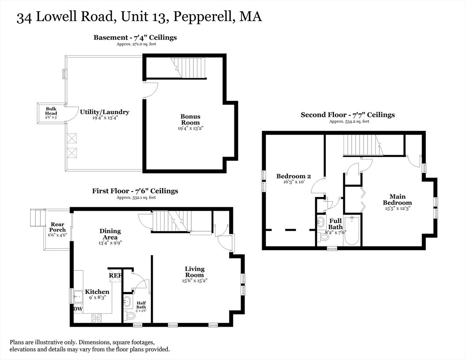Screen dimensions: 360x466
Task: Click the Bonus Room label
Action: click(x=190, y=119)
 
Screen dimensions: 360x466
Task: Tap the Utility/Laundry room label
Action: click(x=105, y=112)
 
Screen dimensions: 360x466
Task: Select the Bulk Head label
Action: click(x=51, y=111)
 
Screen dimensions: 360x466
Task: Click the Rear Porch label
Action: click(x=58, y=227)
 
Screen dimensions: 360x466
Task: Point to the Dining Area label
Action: click(x=110, y=234)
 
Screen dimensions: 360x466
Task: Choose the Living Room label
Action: click(x=194, y=272)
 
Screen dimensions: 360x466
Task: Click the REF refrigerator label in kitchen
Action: click(x=115, y=276)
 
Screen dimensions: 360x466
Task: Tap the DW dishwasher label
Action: click(x=78, y=309)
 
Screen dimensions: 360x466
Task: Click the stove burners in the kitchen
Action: click(x=97, y=317)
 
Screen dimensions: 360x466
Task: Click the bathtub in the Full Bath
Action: click(x=352, y=230)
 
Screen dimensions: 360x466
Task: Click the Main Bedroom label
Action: click(x=397, y=200)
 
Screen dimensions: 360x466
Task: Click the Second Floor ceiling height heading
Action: click(x=347, y=115)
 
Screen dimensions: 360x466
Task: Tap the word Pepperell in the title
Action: click(x=203, y=17)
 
